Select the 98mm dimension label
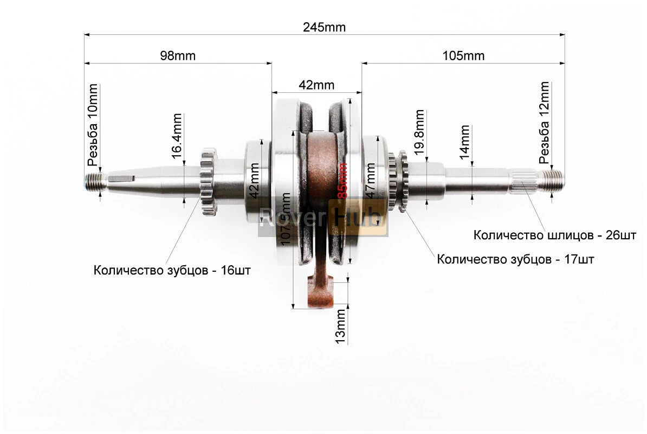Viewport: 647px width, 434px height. [178, 55]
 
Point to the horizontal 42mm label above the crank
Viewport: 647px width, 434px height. [316, 85]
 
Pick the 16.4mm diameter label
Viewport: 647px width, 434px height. [177, 140]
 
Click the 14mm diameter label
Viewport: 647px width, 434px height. [464, 142]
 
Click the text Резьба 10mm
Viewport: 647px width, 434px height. [93, 125]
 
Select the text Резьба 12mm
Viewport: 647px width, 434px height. [544, 123]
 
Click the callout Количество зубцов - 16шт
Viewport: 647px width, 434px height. [172, 270]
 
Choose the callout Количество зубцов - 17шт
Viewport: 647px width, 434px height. [515, 259]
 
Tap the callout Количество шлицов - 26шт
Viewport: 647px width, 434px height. [554, 235]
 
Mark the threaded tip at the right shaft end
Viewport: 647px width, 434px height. [553, 178]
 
